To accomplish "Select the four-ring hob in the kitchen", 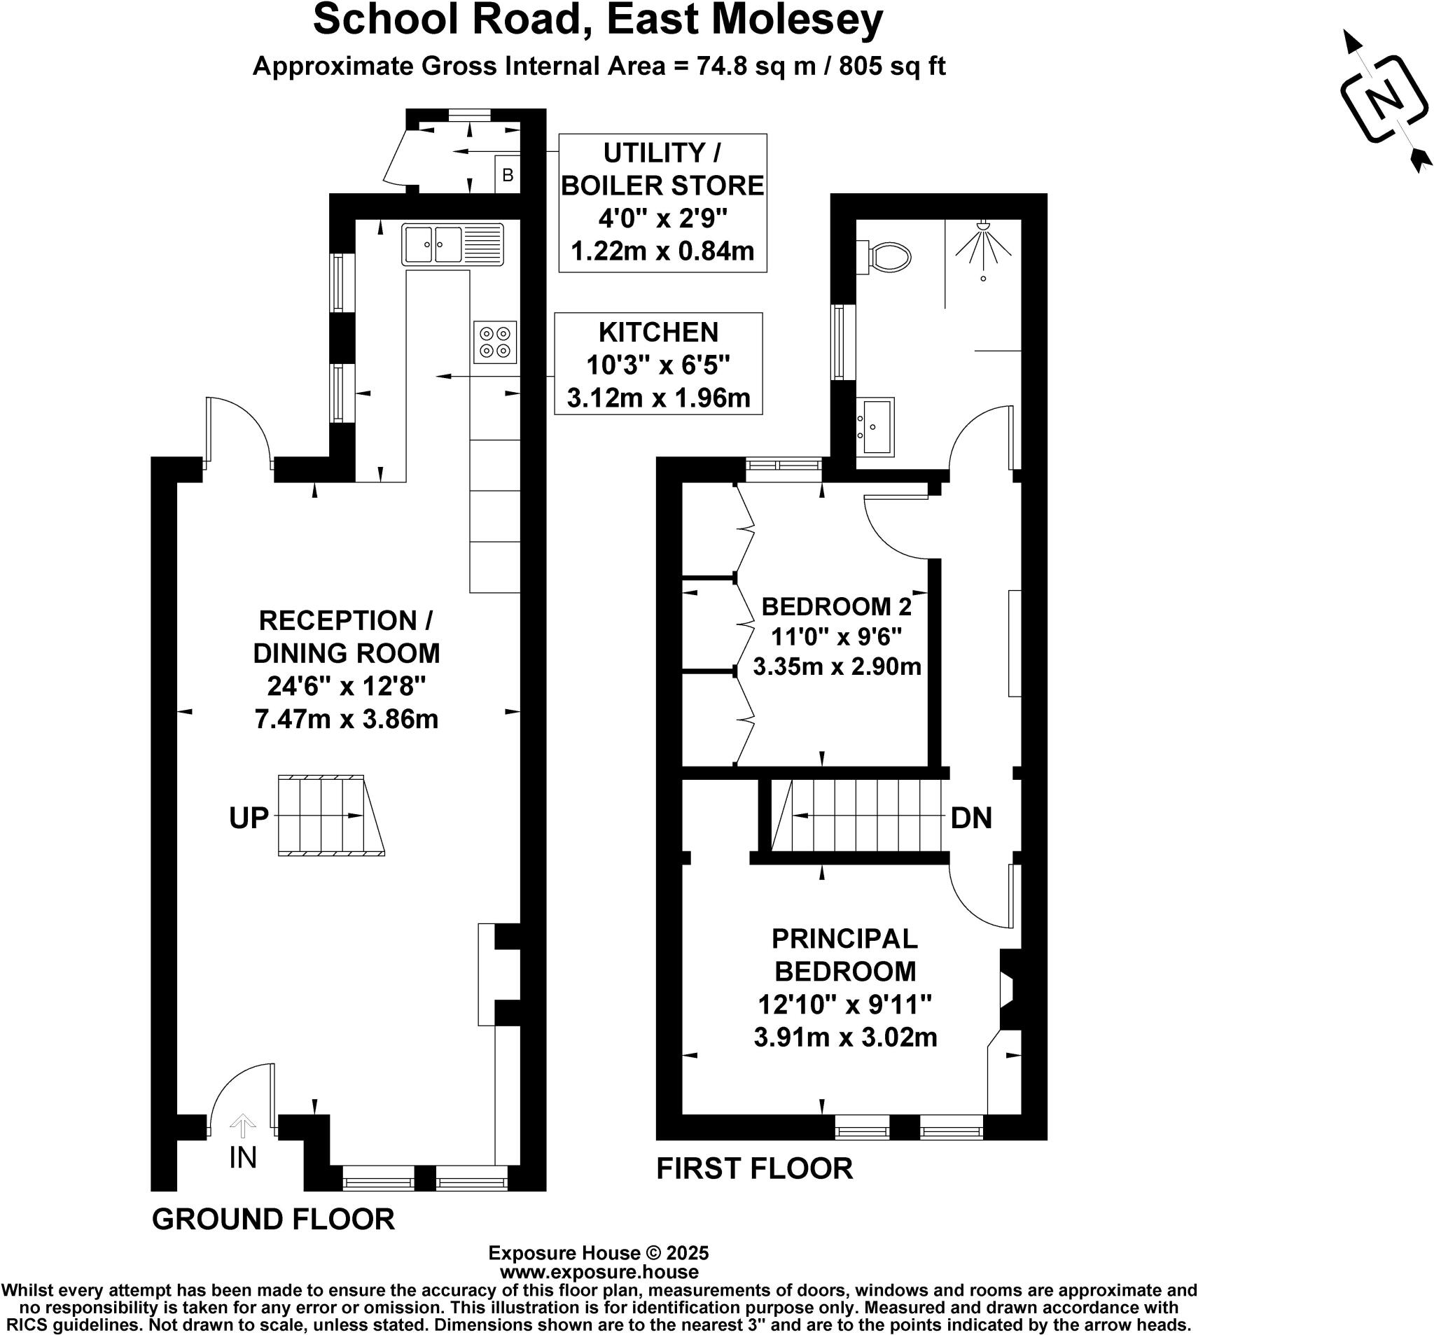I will (495, 342).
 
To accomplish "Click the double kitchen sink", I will (452, 244).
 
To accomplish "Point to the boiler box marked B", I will (507, 175).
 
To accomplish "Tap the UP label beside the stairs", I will (249, 818).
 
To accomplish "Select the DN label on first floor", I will (971, 818).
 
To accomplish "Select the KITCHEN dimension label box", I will (658, 364).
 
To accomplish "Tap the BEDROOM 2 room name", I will (836, 606).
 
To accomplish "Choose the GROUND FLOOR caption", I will (272, 1219).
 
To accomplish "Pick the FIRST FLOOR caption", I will (754, 1168).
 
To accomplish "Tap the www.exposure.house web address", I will (598, 1272).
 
